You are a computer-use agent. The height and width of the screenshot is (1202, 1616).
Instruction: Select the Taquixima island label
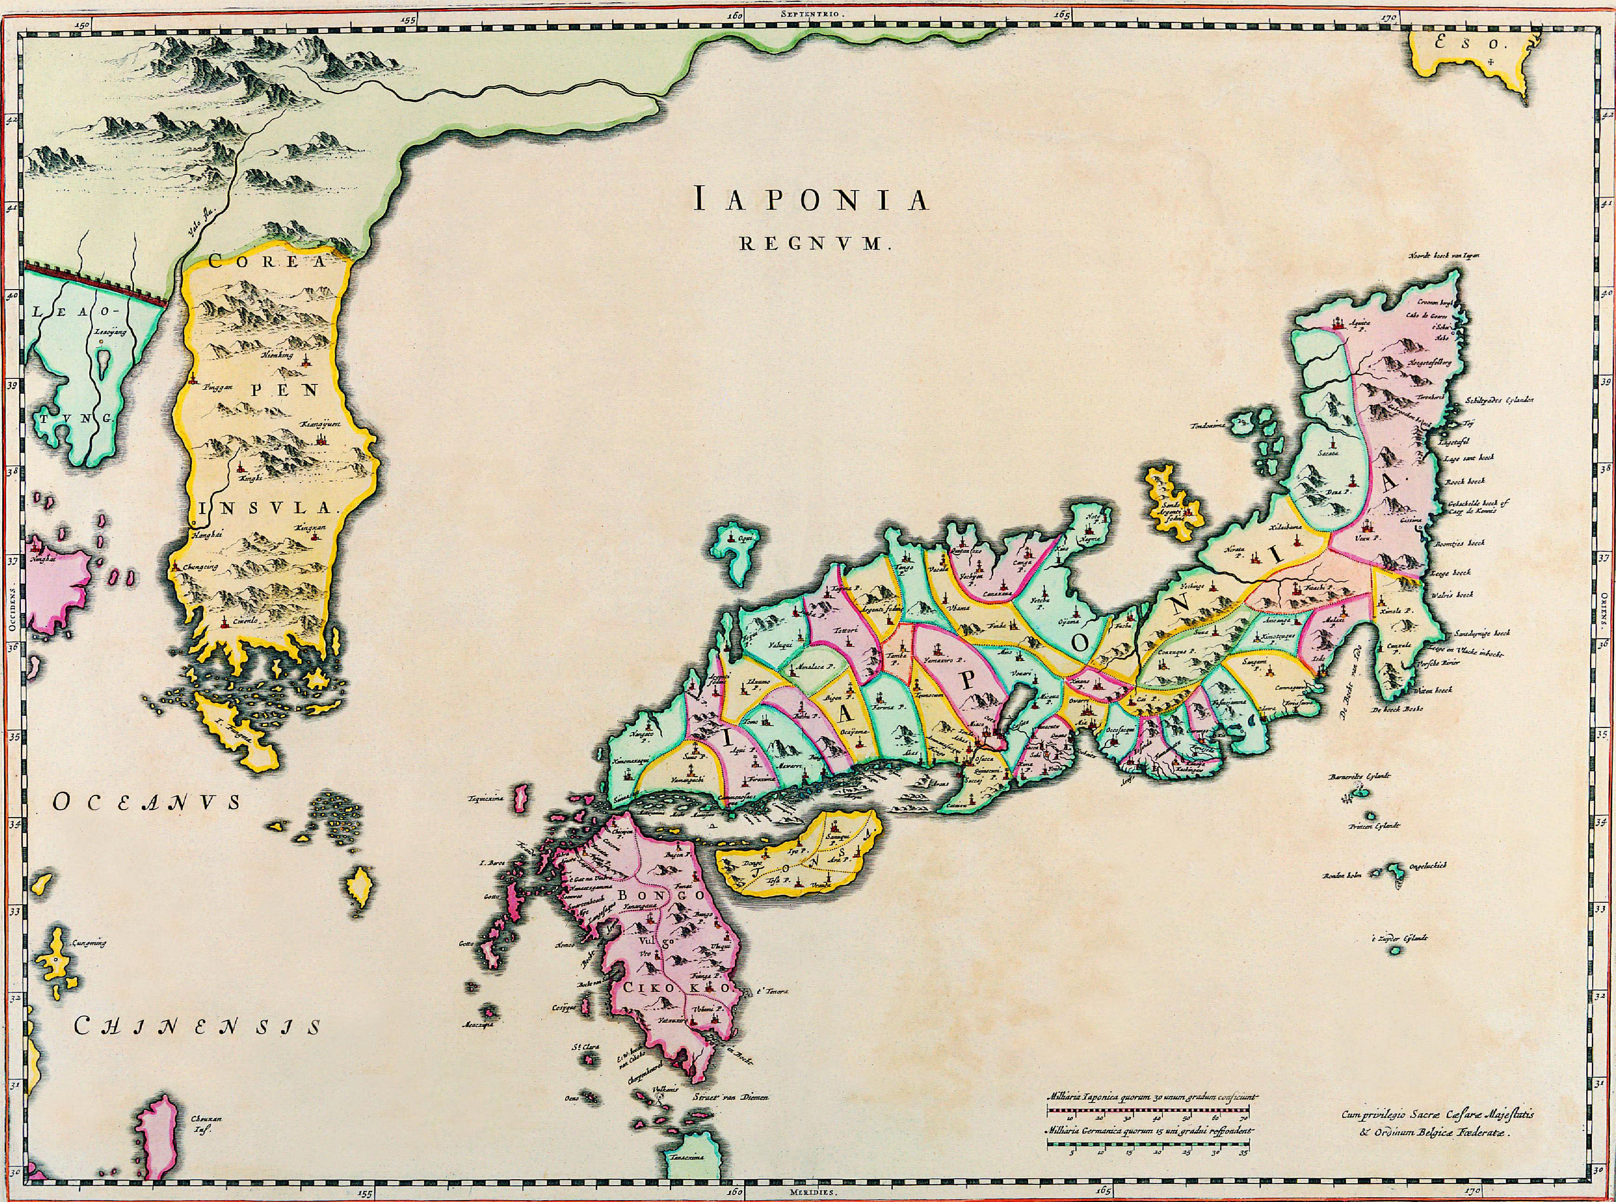488,799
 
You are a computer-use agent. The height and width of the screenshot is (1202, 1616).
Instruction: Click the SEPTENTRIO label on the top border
808,14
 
